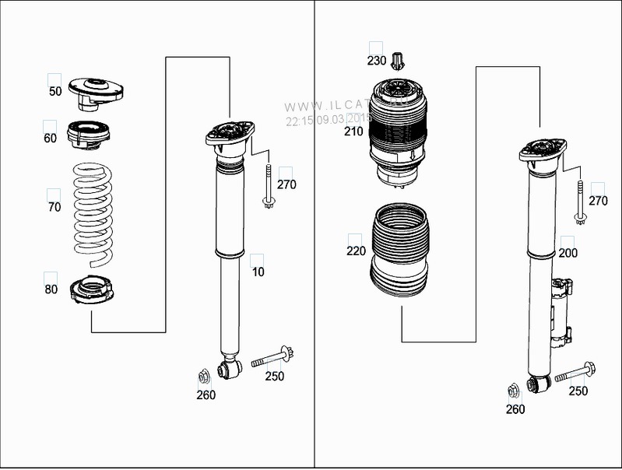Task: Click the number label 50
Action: (x=55, y=92)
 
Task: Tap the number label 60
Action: (x=50, y=139)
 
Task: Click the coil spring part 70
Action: (x=93, y=209)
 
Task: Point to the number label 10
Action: (x=257, y=271)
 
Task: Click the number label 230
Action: (x=377, y=61)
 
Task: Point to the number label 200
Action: (x=568, y=254)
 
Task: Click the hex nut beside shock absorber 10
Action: (x=203, y=377)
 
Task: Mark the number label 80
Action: (x=51, y=289)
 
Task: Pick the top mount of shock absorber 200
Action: (x=537, y=151)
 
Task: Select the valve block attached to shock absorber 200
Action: (x=563, y=311)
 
